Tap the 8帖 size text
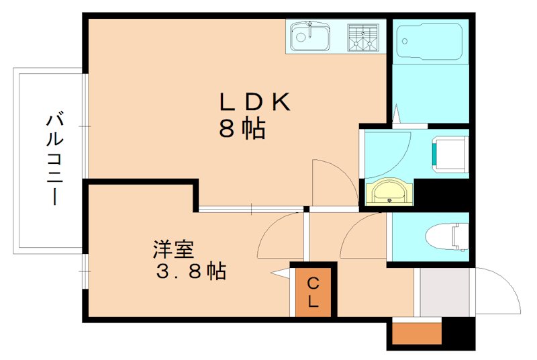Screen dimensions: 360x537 tap(242, 128)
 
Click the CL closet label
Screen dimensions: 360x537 tap(313, 293)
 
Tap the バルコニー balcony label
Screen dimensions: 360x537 tap(54, 159)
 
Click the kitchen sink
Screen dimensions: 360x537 tap(309, 36)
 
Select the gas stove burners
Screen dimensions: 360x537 tap(364, 36)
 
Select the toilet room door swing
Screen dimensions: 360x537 tap(362, 235)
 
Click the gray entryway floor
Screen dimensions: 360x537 tap(444, 291)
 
